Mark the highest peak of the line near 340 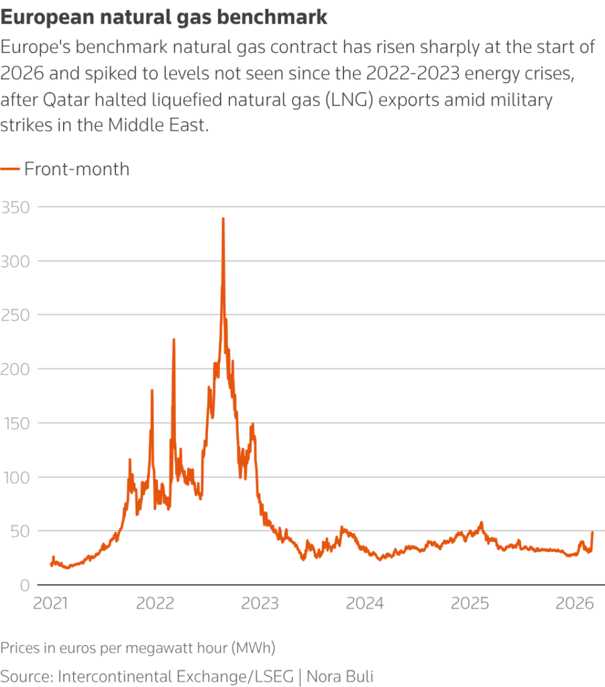(x=223, y=219)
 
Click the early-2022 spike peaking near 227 (x=174, y=340)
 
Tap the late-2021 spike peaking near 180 (x=152, y=390)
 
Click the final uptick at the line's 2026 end (x=593, y=533)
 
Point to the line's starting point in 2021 (x=51, y=564)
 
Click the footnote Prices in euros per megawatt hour (x=138, y=649)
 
